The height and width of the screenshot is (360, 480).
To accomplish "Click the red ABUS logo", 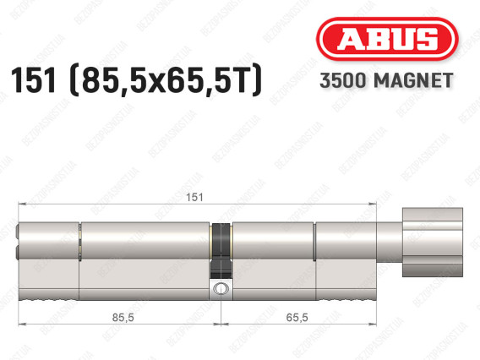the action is coord(387,39).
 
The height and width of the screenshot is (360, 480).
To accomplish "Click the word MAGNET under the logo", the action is coord(413,80).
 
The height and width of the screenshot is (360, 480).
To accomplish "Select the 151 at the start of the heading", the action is coord(34,80).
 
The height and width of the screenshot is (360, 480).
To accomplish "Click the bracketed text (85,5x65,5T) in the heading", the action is coord(166,81).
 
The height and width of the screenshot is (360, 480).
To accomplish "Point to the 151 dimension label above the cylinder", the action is coord(194,197).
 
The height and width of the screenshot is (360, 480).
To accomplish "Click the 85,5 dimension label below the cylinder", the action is coord(123,318).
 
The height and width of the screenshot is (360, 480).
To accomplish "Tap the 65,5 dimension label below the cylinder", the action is coord(297,318).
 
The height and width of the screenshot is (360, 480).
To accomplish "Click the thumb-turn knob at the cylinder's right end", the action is coord(432,243).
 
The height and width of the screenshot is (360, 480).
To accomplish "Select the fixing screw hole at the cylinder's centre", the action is coord(221,288).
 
